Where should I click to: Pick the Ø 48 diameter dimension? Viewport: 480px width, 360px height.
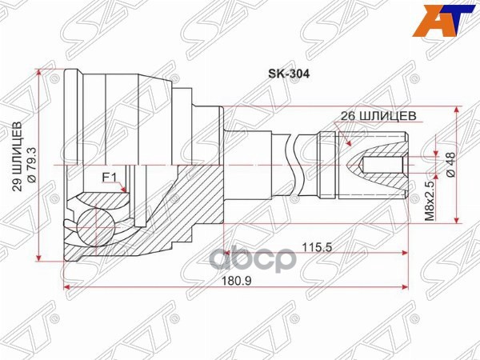(x=450, y=165)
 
